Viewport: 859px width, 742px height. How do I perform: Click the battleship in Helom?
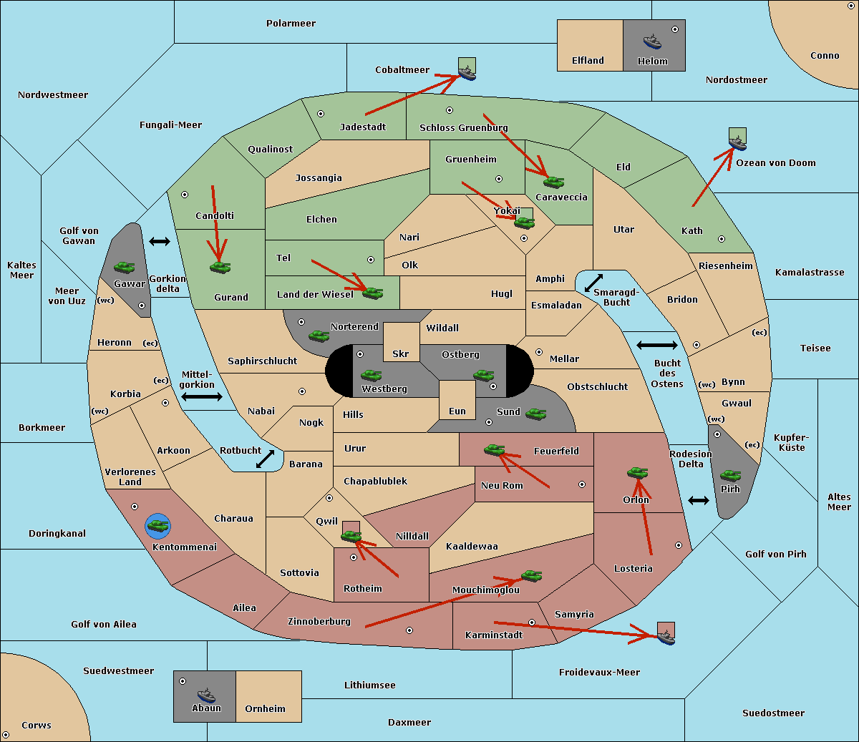tap(652, 42)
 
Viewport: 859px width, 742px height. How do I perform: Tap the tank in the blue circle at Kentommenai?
tap(157, 526)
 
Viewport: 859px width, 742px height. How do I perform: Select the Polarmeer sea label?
tap(291, 24)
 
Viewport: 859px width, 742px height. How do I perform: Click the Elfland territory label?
tap(588, 61)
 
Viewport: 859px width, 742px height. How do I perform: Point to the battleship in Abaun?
tap(206, 695)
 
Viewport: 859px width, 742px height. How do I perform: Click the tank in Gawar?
tap(124, 267)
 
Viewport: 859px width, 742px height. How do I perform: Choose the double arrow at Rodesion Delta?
tap(699, 500)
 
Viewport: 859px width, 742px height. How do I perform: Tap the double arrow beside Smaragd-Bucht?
tap(593, 283)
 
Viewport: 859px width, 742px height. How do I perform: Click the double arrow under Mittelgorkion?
tap(202, 397)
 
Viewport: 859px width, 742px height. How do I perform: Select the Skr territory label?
tap(401, 354)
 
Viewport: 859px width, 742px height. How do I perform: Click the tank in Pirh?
tap(730, 476)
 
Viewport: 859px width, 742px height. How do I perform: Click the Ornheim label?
tap(265, 709)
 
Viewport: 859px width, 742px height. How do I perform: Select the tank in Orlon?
tap(637, 473)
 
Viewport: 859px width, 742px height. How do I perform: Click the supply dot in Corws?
tap(6, 735)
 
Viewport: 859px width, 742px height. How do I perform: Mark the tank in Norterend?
tap(319, 336)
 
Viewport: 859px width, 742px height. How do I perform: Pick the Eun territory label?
tap(457, 411)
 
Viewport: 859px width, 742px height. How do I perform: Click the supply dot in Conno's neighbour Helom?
tap(674, 29)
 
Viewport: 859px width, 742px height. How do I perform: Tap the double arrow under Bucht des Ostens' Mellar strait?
tap(656, 346)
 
